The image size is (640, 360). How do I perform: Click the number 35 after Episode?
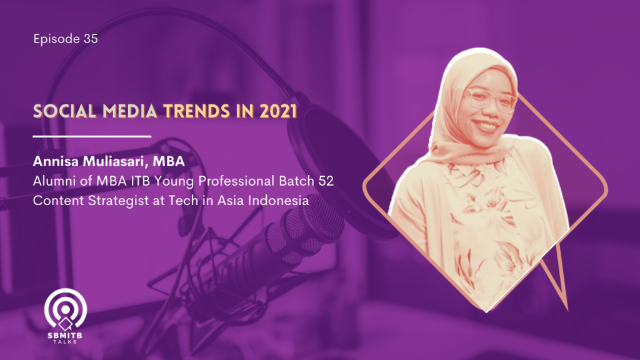click(x=91, y=39)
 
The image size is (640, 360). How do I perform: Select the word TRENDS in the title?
click(x=196, y=111)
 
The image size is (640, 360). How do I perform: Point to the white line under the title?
click(x=92, y=136)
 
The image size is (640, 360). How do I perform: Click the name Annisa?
click(x=56, y=161)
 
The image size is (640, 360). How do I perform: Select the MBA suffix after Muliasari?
click(x=169, y=161)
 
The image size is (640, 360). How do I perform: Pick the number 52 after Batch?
click(x=326, y=181)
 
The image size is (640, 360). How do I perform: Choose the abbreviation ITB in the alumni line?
click(x=141, y=181)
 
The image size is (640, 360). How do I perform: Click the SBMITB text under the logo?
click(x=65, y=336)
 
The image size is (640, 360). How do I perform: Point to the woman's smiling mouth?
click(x=484, y=124)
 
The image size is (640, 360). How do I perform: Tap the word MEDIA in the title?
click(x=130, y=111)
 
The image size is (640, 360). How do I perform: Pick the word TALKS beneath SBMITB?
click(x=65, y=342)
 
